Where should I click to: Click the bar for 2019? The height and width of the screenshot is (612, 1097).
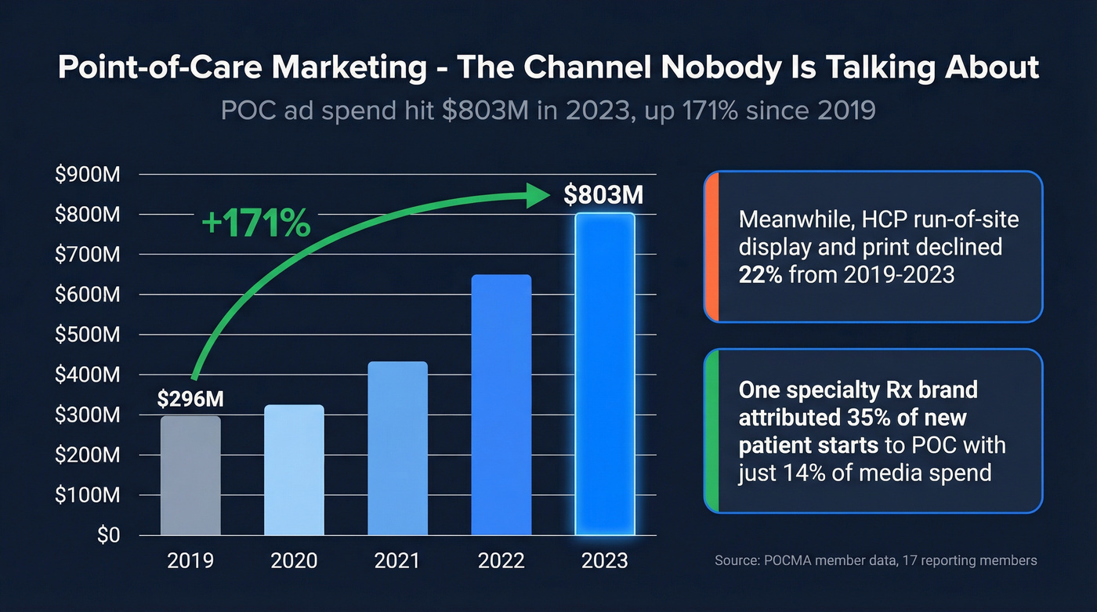pos(190,476)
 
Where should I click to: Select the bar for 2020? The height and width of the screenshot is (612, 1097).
pos(294,470)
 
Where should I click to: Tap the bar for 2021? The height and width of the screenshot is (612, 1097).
pos(397,448)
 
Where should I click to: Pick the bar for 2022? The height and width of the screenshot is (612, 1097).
pos(501,405)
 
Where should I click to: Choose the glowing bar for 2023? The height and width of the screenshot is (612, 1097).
pos(604,375)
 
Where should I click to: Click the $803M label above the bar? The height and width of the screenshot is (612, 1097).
pos(603,194)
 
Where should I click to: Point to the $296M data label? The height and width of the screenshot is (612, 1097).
pos(190,399)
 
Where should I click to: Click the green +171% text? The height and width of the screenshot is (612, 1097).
pos(255,224)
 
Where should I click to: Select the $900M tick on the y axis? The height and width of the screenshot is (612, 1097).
pos(87,175)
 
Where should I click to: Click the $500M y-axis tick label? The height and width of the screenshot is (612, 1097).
pos(87,335)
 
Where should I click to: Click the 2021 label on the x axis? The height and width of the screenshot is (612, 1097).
pos(397,561)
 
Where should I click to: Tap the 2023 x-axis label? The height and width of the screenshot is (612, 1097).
pos(604,561)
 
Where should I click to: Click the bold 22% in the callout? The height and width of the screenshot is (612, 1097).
pos(760,274)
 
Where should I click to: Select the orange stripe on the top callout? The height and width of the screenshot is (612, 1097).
pos(711,247)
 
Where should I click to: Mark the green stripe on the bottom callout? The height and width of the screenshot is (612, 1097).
pos(711,431)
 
